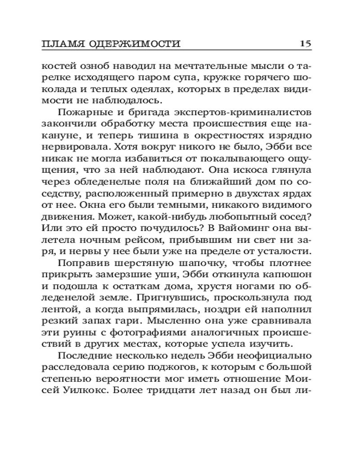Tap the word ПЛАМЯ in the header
(x=58, y=44)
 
